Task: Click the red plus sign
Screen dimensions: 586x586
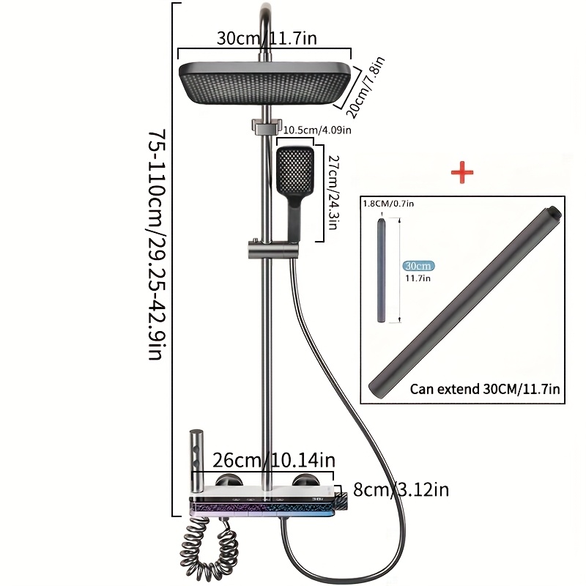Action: pyautogui.click(x=461, y=173)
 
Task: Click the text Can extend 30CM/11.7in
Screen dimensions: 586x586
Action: pyautogui.click(x=485, y=390)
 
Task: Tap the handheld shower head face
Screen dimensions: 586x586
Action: pyautogui.click(x=294, y=170)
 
